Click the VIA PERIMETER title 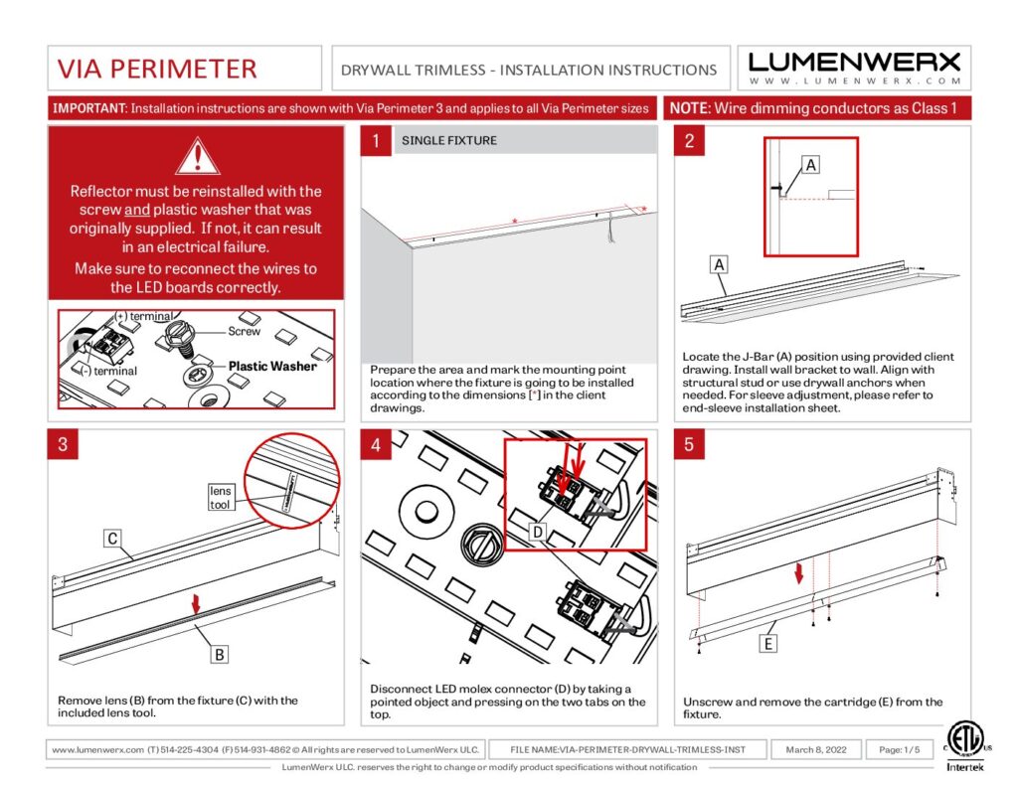pos(157,69)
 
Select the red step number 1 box pos(376,141)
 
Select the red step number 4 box pos(376,445)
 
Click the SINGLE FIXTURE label pos(448,141)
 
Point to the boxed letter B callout pos(219,654)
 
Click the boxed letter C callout pos(112,539)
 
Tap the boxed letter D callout pos(536,532)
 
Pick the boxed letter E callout pos(767,644)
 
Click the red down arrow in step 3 pos(196,603)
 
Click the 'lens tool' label pos(220,498)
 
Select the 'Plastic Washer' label pos(271,366)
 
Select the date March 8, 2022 pos(816,749)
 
